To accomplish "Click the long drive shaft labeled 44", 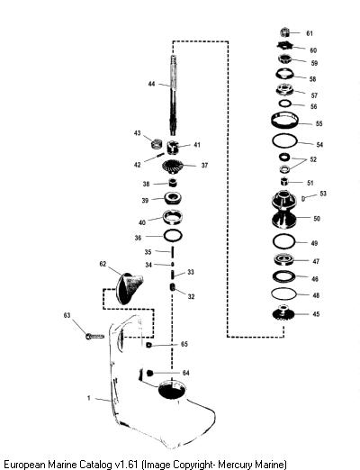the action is (174, 95).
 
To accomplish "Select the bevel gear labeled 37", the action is (173, 167).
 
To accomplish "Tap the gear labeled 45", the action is (283, 313).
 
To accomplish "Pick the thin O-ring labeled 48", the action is (283, 294).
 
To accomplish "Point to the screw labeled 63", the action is (94, 337).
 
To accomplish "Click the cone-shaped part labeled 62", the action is (129, 288).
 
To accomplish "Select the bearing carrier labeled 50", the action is (283, 209).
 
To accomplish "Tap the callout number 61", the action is (310, 33).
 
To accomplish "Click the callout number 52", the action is (313, 159).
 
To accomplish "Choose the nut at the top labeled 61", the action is (285, 32).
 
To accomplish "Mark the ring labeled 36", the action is (173, 236).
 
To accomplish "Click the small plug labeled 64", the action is (149, 373).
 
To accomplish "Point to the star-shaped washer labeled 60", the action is (284, 46).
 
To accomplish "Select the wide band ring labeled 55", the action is (284, 121).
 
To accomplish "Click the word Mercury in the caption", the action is (236, 464).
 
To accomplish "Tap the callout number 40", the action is (142, 222).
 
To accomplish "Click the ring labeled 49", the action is (283, 241).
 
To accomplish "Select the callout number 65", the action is (184, 344).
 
